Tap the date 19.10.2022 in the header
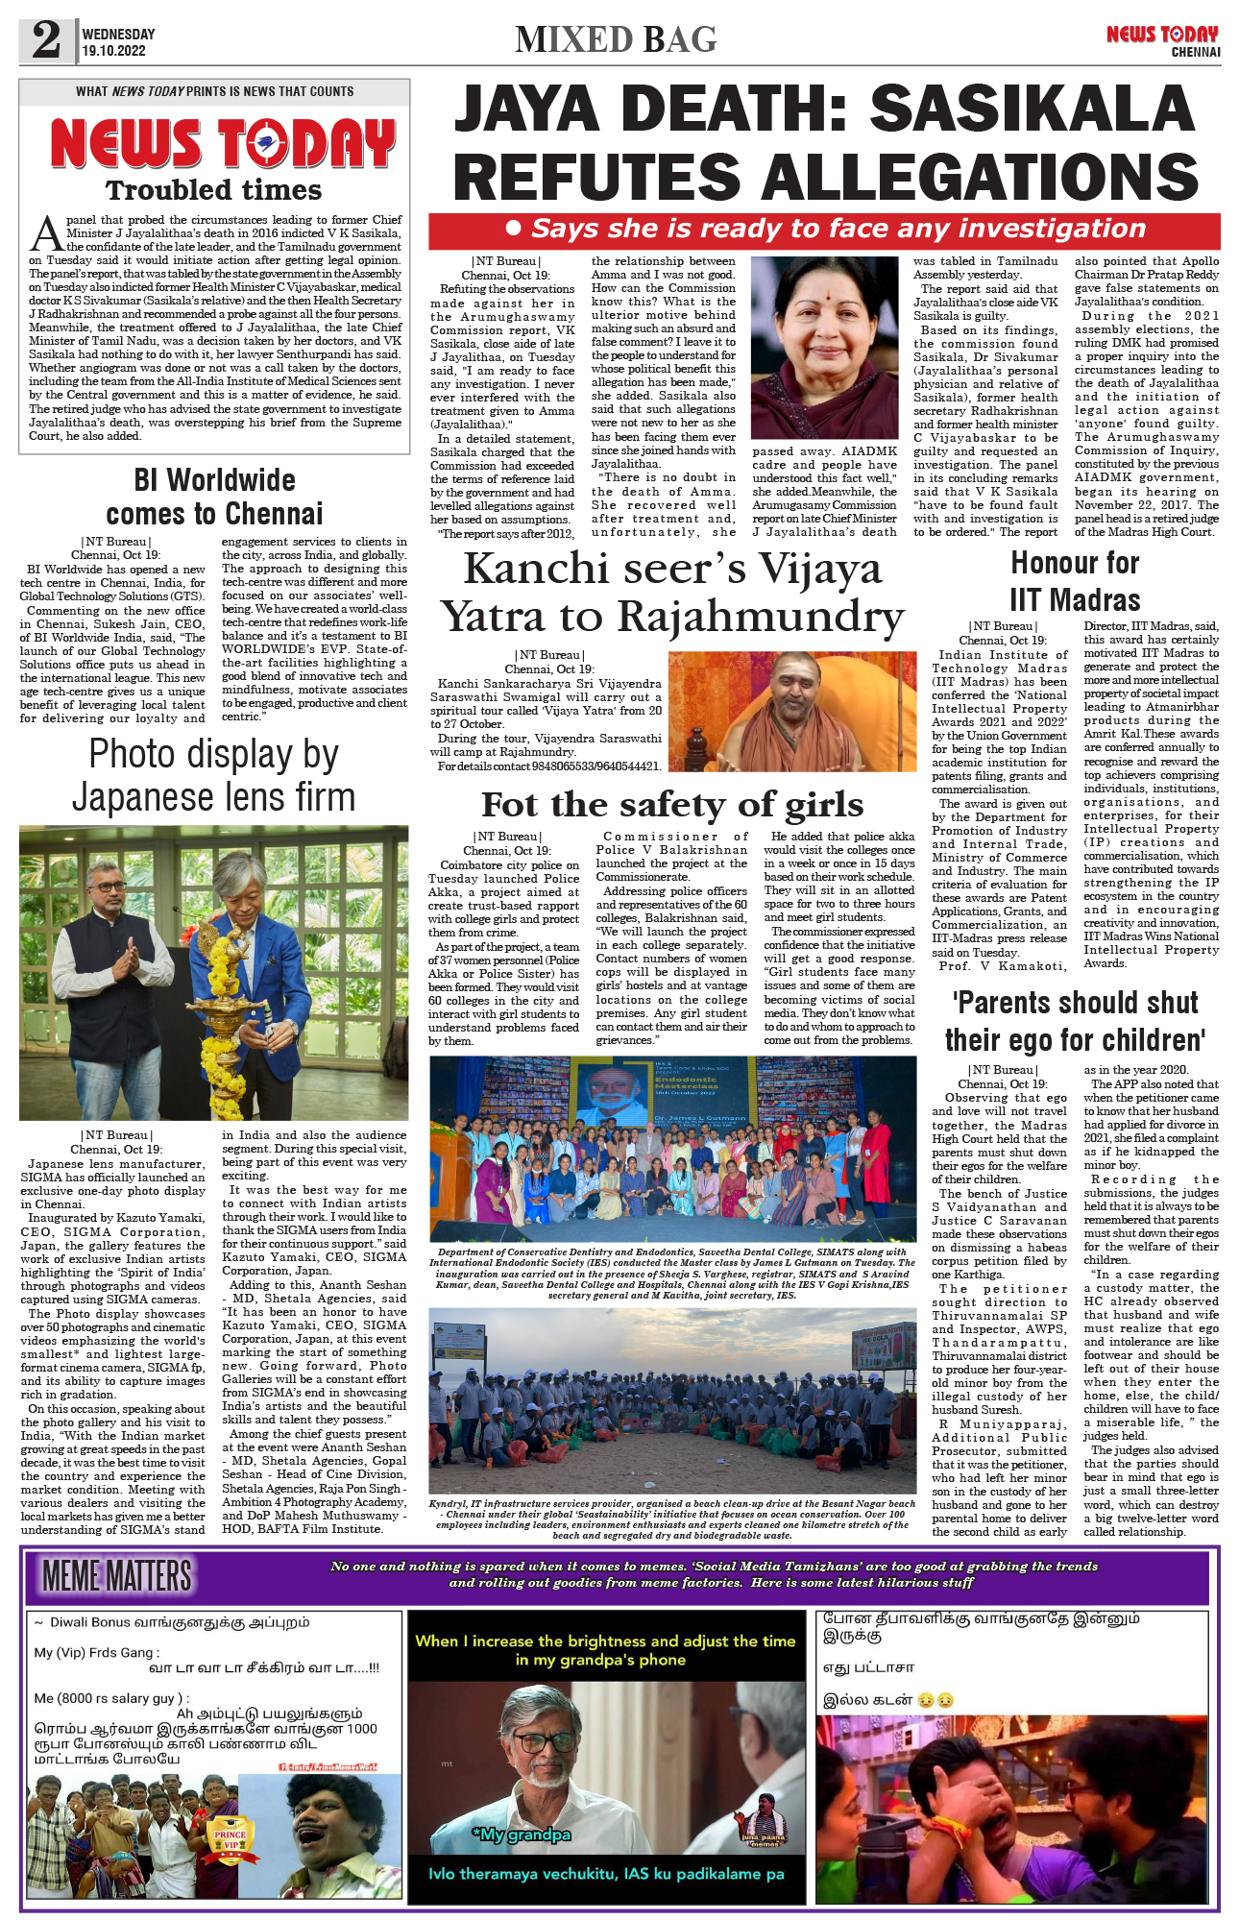[113, 51]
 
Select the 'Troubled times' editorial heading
[213, 190]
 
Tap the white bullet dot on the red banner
[513, 229]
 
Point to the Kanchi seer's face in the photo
[798, 691]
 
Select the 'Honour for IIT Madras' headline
[1075, 581]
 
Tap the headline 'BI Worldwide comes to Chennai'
[214, 497]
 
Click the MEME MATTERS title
[117, 1576]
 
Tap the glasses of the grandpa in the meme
[545, 1738]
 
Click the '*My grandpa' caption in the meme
[522, 1835]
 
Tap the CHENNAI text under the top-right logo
[1195, 52]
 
